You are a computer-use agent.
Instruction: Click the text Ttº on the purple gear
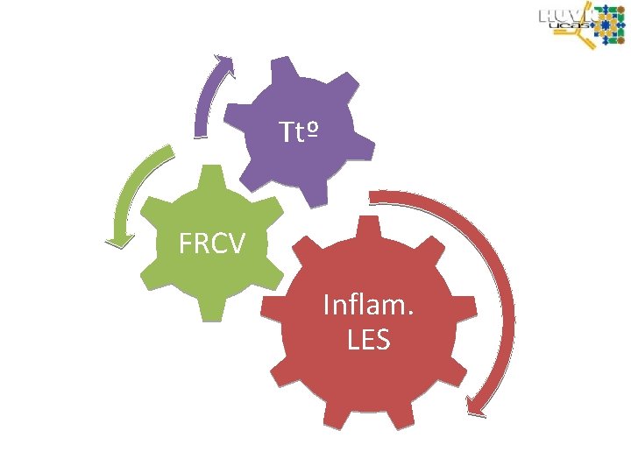[x=298, y=132]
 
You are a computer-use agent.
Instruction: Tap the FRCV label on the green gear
[x=211, y=243]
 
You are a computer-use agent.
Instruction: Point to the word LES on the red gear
[x=368, y=340]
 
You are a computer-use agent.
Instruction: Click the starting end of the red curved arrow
[x=374, y=195]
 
